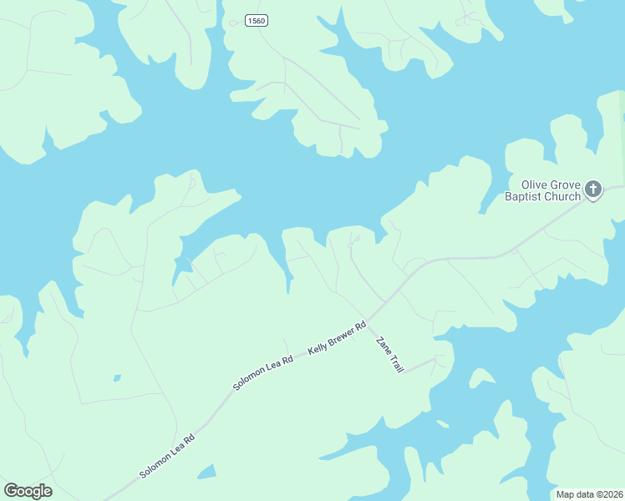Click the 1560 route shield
point(257,20)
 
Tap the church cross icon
point(593,190)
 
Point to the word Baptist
point(524,197)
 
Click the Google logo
point(28,491)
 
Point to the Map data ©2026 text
point(590,494)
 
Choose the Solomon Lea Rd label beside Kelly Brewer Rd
point(263,373)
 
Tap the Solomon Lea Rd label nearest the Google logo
point(167,455)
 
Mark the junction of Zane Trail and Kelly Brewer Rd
point(368,318)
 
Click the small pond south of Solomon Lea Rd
point(206,473)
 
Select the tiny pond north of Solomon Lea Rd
point(116,378)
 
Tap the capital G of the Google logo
point(11,491)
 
